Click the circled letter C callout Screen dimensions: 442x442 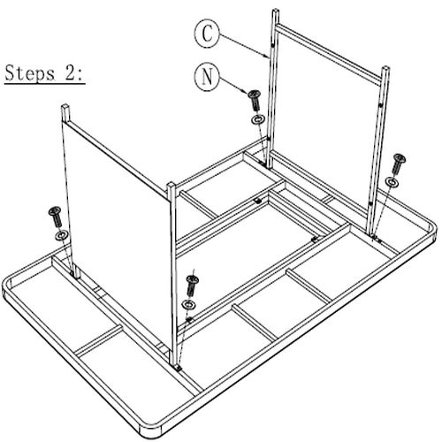coord(207,34)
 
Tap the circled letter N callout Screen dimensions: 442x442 coord(207,76)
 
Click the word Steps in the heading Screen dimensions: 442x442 coord(30,73)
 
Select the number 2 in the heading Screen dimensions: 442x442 coord(71,72)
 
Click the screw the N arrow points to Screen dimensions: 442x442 coord(255,101)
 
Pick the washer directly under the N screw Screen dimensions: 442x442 coord(258,120)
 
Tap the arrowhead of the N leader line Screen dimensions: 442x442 coord(245,92)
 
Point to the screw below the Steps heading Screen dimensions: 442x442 coord(56,217)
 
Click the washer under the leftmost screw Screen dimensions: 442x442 coord(61,235)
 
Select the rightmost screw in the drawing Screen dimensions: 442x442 coord(398,164)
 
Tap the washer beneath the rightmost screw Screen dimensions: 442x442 coord(392,182)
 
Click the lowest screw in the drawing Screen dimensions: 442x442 coord(192,286)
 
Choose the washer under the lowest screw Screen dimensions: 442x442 coord(189,304)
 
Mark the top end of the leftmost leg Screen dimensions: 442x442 coord(65,106)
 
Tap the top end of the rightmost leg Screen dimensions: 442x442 coord(385,68)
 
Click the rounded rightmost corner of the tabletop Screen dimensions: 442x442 coord(432,230)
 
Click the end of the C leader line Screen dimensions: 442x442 coord(268,57)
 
